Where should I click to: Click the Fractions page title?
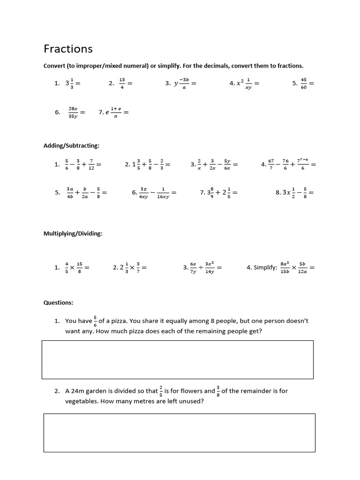click(68, 49)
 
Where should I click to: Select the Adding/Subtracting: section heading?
click(71, 146)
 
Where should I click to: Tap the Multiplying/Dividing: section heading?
click(73, 233)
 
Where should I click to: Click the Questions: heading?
click(58, 303)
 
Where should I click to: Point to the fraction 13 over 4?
click(122, 83)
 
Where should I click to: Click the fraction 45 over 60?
click(303, 83)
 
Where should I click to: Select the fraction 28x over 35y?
click(73, 112)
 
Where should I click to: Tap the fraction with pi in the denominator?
click(116, 112)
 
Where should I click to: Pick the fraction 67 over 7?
click(271, 165)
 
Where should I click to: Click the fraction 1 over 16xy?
click(163, 193)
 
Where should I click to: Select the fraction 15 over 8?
click(79, 268)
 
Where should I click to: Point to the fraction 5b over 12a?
click(302, 268)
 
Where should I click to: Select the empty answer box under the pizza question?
click(177, 360)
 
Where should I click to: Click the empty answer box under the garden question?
click(179, 433)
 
